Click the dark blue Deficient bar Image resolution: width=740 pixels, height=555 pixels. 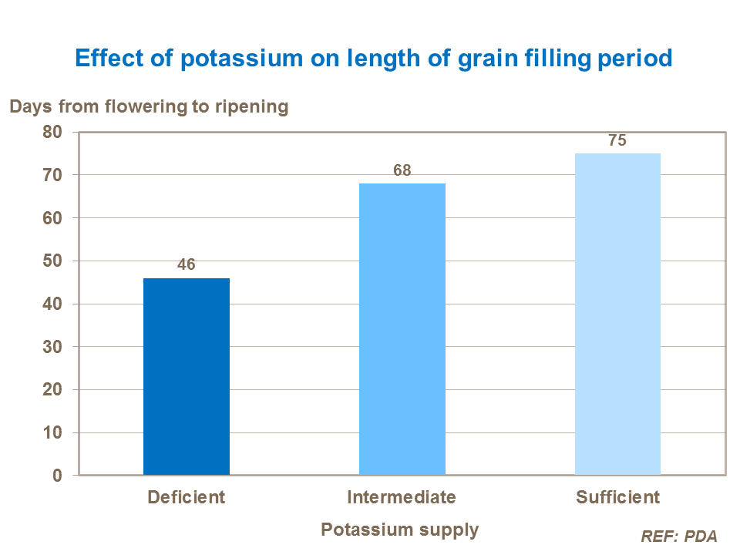tap(187, 376)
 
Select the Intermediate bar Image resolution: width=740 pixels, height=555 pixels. tap(402, 329)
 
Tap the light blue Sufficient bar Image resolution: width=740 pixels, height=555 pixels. tap(617, 314)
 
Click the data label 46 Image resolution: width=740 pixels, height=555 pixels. tap(187, 264)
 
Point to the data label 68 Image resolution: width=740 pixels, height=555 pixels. tap(402, 170)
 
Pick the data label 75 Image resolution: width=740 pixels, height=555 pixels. tap(617, 140)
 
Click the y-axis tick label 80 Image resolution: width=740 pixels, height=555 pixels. tap(52, 132)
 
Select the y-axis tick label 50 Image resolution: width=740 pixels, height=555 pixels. tap(52, 261)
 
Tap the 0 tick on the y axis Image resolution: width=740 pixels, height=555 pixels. tap(57, 476)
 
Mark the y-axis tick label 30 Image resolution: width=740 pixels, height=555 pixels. tap(52, 347)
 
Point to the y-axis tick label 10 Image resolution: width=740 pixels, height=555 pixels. tap(52, 433)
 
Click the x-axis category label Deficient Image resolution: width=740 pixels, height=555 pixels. tap(187, 497)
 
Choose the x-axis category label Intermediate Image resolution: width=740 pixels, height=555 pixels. tap(402, 497)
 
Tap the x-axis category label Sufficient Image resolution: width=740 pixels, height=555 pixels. tap(617, 497)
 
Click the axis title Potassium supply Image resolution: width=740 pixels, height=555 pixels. tap(399, 530)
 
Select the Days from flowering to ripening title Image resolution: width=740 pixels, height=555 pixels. tap(149, 106)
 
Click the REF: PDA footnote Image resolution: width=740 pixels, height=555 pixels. tap(679, 536)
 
